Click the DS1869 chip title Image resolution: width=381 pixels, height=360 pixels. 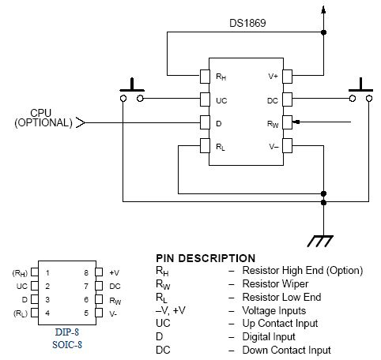tap(247, 23)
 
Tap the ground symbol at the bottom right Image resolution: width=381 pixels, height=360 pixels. tap(320, 241)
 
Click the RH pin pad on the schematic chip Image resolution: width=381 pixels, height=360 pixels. tap(205, 77)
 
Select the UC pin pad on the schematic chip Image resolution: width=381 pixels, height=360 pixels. tap(205, 99)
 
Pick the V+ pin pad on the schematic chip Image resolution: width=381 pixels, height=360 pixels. tap(287, 77)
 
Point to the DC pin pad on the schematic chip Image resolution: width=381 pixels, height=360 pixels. tap(287, 99)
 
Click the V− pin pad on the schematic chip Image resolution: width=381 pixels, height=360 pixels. tap(287, 145)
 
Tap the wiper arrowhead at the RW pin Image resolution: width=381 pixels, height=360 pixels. tap(296, 122)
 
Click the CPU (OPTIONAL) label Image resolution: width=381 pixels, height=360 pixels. tap(43, 118)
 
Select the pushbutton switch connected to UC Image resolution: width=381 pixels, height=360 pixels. tap(132, 90)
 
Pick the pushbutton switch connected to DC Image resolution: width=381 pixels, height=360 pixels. tap(360, 90)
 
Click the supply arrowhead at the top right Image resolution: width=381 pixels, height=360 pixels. tap(323, 9)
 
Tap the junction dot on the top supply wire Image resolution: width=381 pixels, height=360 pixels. tap(324, 32)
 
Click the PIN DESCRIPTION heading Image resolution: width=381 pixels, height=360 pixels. tap(206, 258)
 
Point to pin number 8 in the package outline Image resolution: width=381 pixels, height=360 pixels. tap(86, 272)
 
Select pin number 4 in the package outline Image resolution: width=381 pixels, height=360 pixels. tap(47, 313)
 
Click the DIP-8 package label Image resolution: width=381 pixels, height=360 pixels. tap(67, 332)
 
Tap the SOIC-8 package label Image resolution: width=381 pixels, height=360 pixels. tap(67, 344)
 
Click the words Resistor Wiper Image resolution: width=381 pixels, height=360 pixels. tap(275, 283)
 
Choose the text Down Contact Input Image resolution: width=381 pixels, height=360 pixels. tap(286, 350)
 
